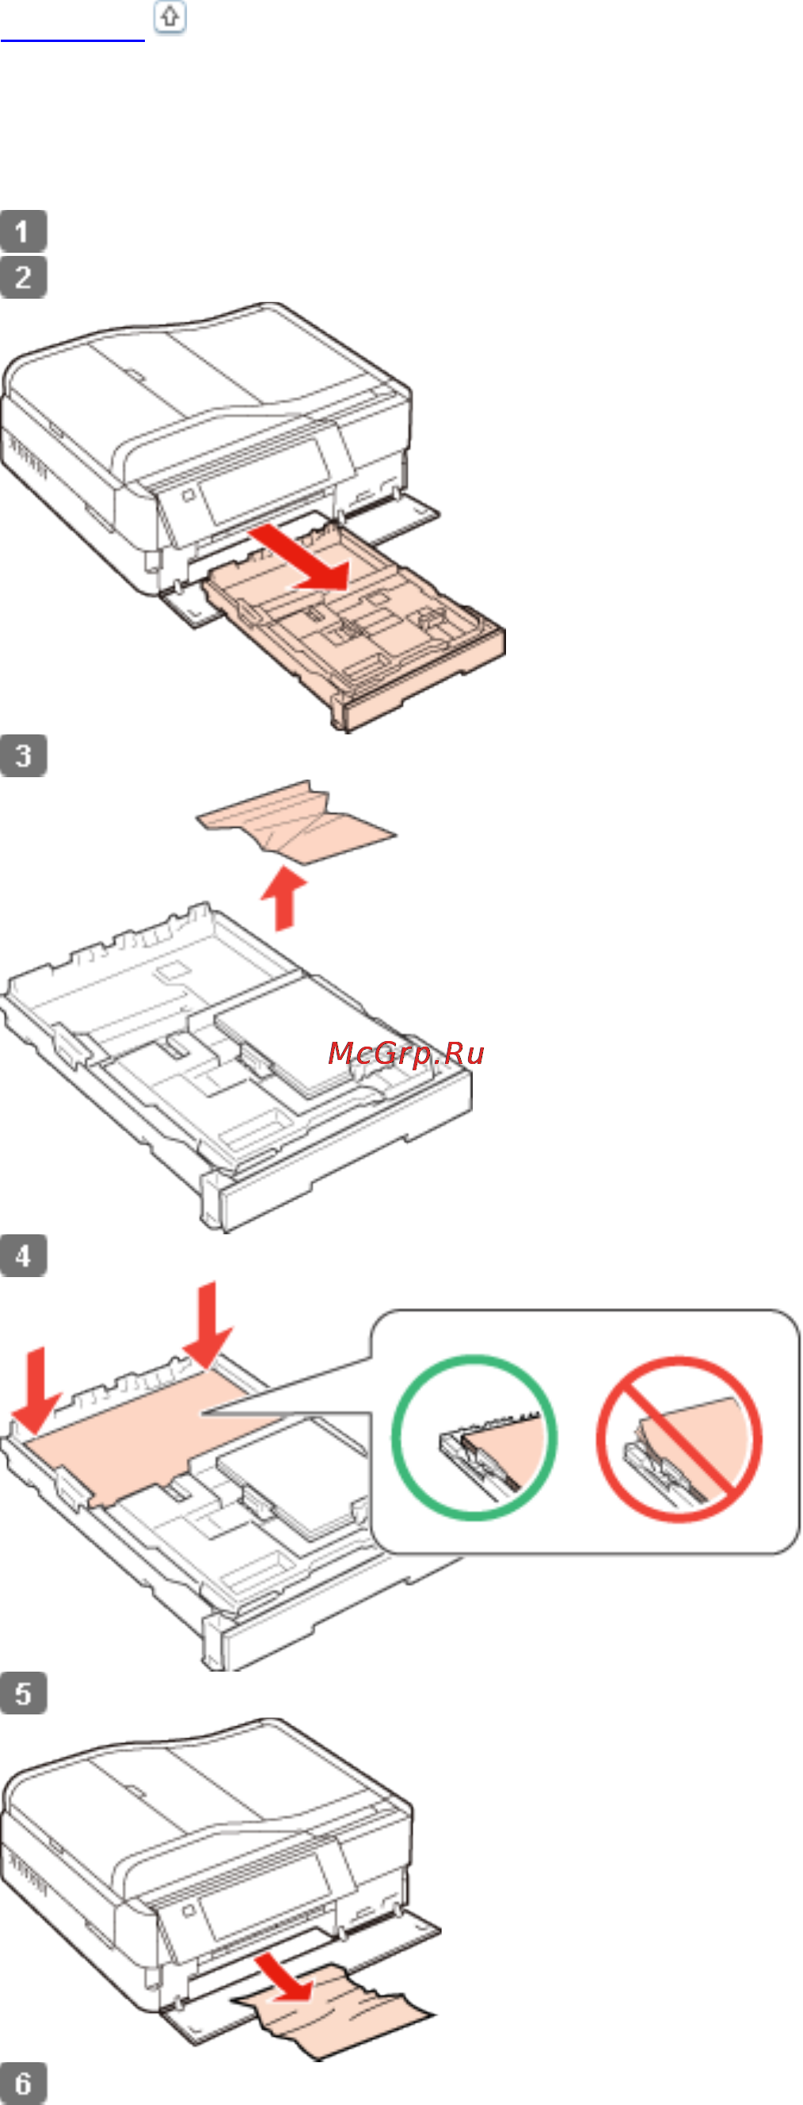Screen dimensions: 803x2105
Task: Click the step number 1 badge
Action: coord(23,231)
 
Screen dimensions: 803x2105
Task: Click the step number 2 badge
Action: coord(23,277)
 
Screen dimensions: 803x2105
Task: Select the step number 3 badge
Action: coord(23,755)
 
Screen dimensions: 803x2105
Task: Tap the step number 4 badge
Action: coord(23,1256)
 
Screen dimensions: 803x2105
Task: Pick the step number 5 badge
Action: coord(23,1693)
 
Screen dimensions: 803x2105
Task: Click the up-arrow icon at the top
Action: coord(170,17)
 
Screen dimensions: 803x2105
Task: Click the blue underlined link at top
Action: coord(73,38)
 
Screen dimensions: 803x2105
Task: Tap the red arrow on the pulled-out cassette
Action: coord(300,559)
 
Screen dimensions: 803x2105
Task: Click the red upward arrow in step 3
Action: coord(284,898)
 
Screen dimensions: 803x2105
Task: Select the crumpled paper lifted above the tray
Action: coord(296,822)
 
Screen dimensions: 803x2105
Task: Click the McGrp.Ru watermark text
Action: coord(406,1054)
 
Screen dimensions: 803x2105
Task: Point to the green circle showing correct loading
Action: coord(474,1437)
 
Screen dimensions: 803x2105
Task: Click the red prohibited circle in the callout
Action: coord(679,1439)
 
